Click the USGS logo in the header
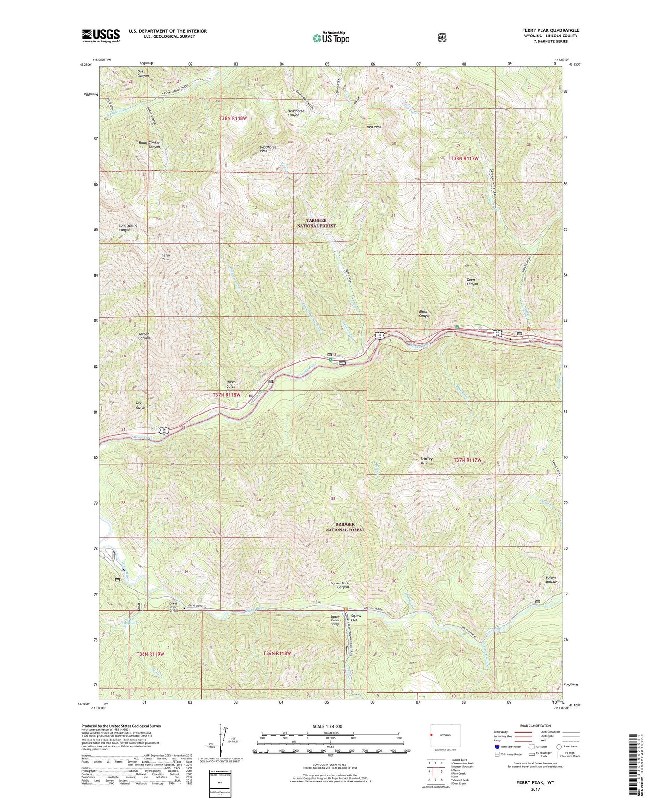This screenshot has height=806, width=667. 101,35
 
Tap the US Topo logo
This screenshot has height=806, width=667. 330,38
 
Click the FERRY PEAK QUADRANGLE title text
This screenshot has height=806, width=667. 547,30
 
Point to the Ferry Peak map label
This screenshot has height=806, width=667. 165,257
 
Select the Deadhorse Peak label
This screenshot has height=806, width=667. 268,149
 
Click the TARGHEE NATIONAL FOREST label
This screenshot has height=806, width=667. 316,223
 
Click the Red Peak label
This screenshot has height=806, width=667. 374,127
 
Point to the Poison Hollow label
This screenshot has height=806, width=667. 551,580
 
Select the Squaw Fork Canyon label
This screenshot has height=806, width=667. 340,585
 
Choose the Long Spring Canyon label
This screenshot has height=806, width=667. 128,228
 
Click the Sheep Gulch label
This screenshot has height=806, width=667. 231,384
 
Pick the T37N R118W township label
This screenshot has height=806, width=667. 227,395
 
